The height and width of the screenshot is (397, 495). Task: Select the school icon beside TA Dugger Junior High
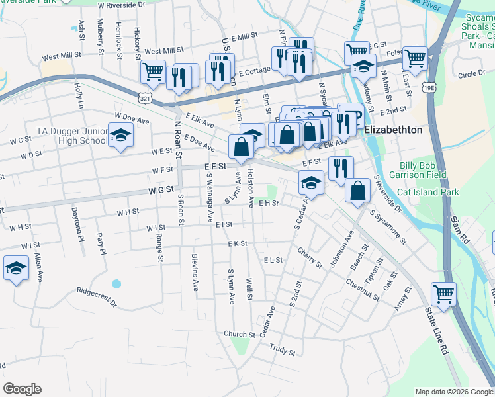(x=120, y=136)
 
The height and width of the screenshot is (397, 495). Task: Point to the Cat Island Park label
(x=427, y=192)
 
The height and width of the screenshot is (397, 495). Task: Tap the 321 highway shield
(x=144, y=97)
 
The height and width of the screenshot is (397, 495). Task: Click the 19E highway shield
(x=429, y=68)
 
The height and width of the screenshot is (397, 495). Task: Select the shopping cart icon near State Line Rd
(x=443, y=292)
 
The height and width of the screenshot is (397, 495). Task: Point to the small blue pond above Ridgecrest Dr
(x=116, y=283)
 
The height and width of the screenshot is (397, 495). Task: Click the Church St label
(x=240, y=334)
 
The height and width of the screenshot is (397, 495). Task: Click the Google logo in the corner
(x=22, y=389)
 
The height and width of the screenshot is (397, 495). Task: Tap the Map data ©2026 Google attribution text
(x=454, y=392)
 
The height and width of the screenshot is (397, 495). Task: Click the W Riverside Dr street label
(x=121, y=5)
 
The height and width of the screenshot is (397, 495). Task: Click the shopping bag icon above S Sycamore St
(x=357, y=190)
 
